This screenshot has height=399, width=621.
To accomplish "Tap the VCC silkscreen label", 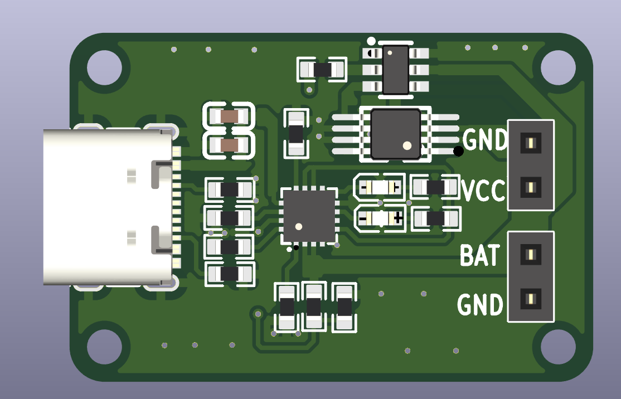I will (x=483, y=191).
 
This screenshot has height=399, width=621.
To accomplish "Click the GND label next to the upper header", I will (x=484, y=140).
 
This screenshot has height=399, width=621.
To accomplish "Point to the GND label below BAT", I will (x=480, y=305).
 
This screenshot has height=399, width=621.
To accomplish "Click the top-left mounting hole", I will (x=104, y=67).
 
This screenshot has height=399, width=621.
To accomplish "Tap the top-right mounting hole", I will (x=557, y=67).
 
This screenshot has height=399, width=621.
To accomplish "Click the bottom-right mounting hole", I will (x=557, y=346).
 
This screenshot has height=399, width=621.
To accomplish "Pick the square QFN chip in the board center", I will (x=309, y=216).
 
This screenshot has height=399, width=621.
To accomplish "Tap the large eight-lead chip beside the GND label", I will (x=395, y=134).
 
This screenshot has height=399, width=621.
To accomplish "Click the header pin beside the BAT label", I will (x=530, y=255).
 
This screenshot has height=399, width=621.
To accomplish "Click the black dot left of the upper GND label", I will (x=458, y=151).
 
